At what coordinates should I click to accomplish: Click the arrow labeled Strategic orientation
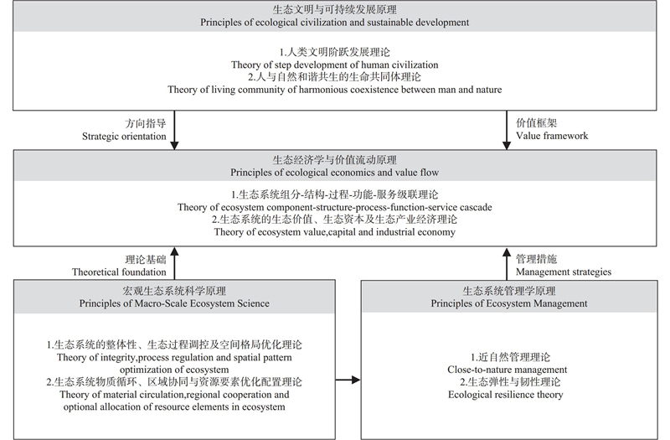tap(174, 130)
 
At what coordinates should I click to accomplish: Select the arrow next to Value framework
tap(507, 130)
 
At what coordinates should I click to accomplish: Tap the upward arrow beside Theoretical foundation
tap(174, 263)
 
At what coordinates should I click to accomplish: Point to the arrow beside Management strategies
tap(507, 263)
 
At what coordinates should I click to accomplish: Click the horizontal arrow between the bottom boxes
tap(348, 380)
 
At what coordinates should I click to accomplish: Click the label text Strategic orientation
tap(124, 137)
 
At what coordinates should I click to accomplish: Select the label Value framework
tap(552, 136)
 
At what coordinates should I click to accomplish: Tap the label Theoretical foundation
tap(119, 272)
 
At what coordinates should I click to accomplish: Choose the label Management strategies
tap(564, 272)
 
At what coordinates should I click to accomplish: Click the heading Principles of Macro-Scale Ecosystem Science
tap(174, 303)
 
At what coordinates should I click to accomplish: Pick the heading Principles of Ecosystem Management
tap(509, 303)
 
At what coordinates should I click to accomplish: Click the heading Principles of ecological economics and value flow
tap(334, 173)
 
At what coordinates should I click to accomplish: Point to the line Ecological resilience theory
tap(506, 395)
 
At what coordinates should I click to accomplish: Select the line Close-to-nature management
tap(508, 370)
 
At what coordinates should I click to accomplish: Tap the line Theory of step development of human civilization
tap(334, 65)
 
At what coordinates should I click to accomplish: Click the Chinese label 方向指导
tap(145, 123)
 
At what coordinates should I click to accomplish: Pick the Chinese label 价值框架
tap(536, 123)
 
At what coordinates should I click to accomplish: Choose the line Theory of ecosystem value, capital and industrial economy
tap(334, 232)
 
